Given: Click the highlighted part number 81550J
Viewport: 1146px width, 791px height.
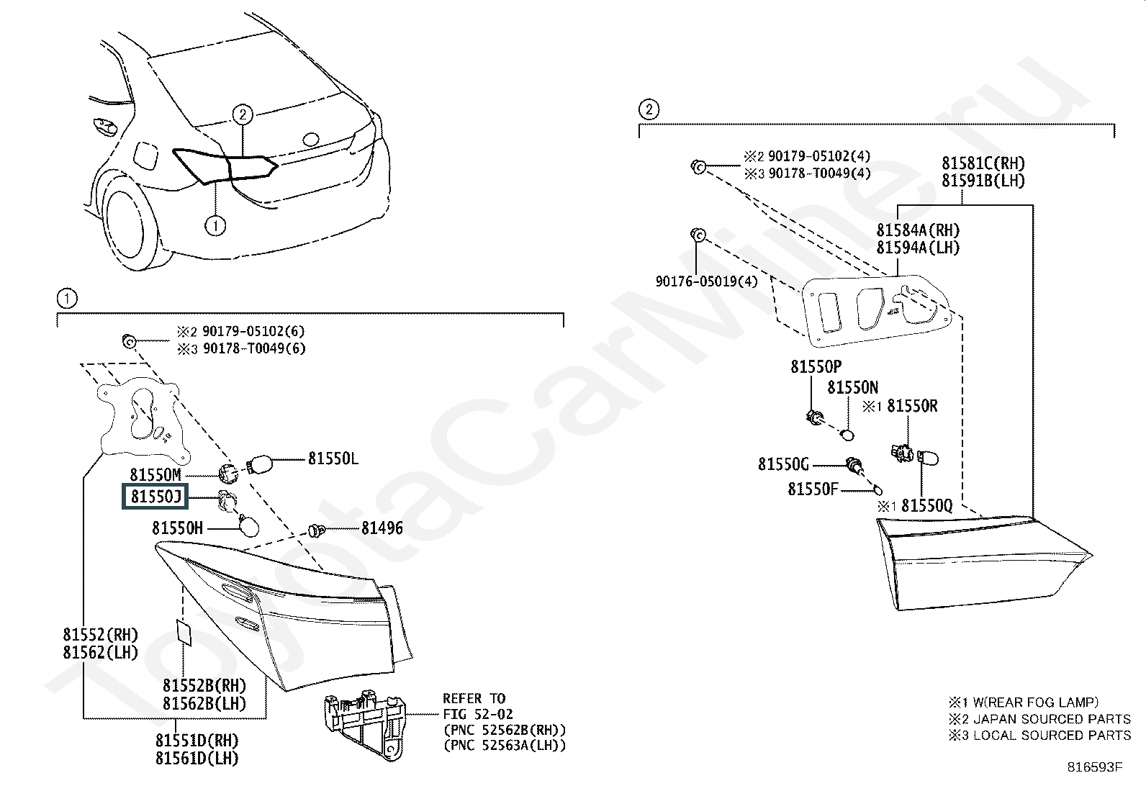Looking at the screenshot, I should pos(155,497).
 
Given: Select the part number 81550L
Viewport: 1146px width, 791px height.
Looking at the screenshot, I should pos(333,458).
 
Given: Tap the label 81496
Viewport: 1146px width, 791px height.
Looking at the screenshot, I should pos(382,529).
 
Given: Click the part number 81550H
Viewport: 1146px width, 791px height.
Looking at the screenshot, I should pos(177,528).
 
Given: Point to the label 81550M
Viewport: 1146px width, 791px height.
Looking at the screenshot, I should pos(155,475).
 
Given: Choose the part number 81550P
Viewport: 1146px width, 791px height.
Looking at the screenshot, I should pos(816,367).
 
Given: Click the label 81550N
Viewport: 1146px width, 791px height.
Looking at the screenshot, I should pos(852,389).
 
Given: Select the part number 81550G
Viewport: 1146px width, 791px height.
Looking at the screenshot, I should pos(783,464).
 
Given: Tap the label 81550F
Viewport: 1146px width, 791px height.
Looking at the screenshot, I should pos(813,489).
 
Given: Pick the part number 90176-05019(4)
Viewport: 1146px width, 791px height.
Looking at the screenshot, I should pos(707,281).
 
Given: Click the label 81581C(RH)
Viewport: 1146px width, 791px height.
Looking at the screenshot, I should pos(983,164).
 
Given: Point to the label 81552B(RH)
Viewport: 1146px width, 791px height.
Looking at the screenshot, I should pos(204,685).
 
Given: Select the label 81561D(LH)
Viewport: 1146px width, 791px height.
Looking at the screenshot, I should pos(197,758).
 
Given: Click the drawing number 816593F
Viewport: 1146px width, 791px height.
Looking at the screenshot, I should pos(1094,767).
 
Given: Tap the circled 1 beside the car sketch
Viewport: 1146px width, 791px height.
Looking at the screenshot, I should pos(215,226).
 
